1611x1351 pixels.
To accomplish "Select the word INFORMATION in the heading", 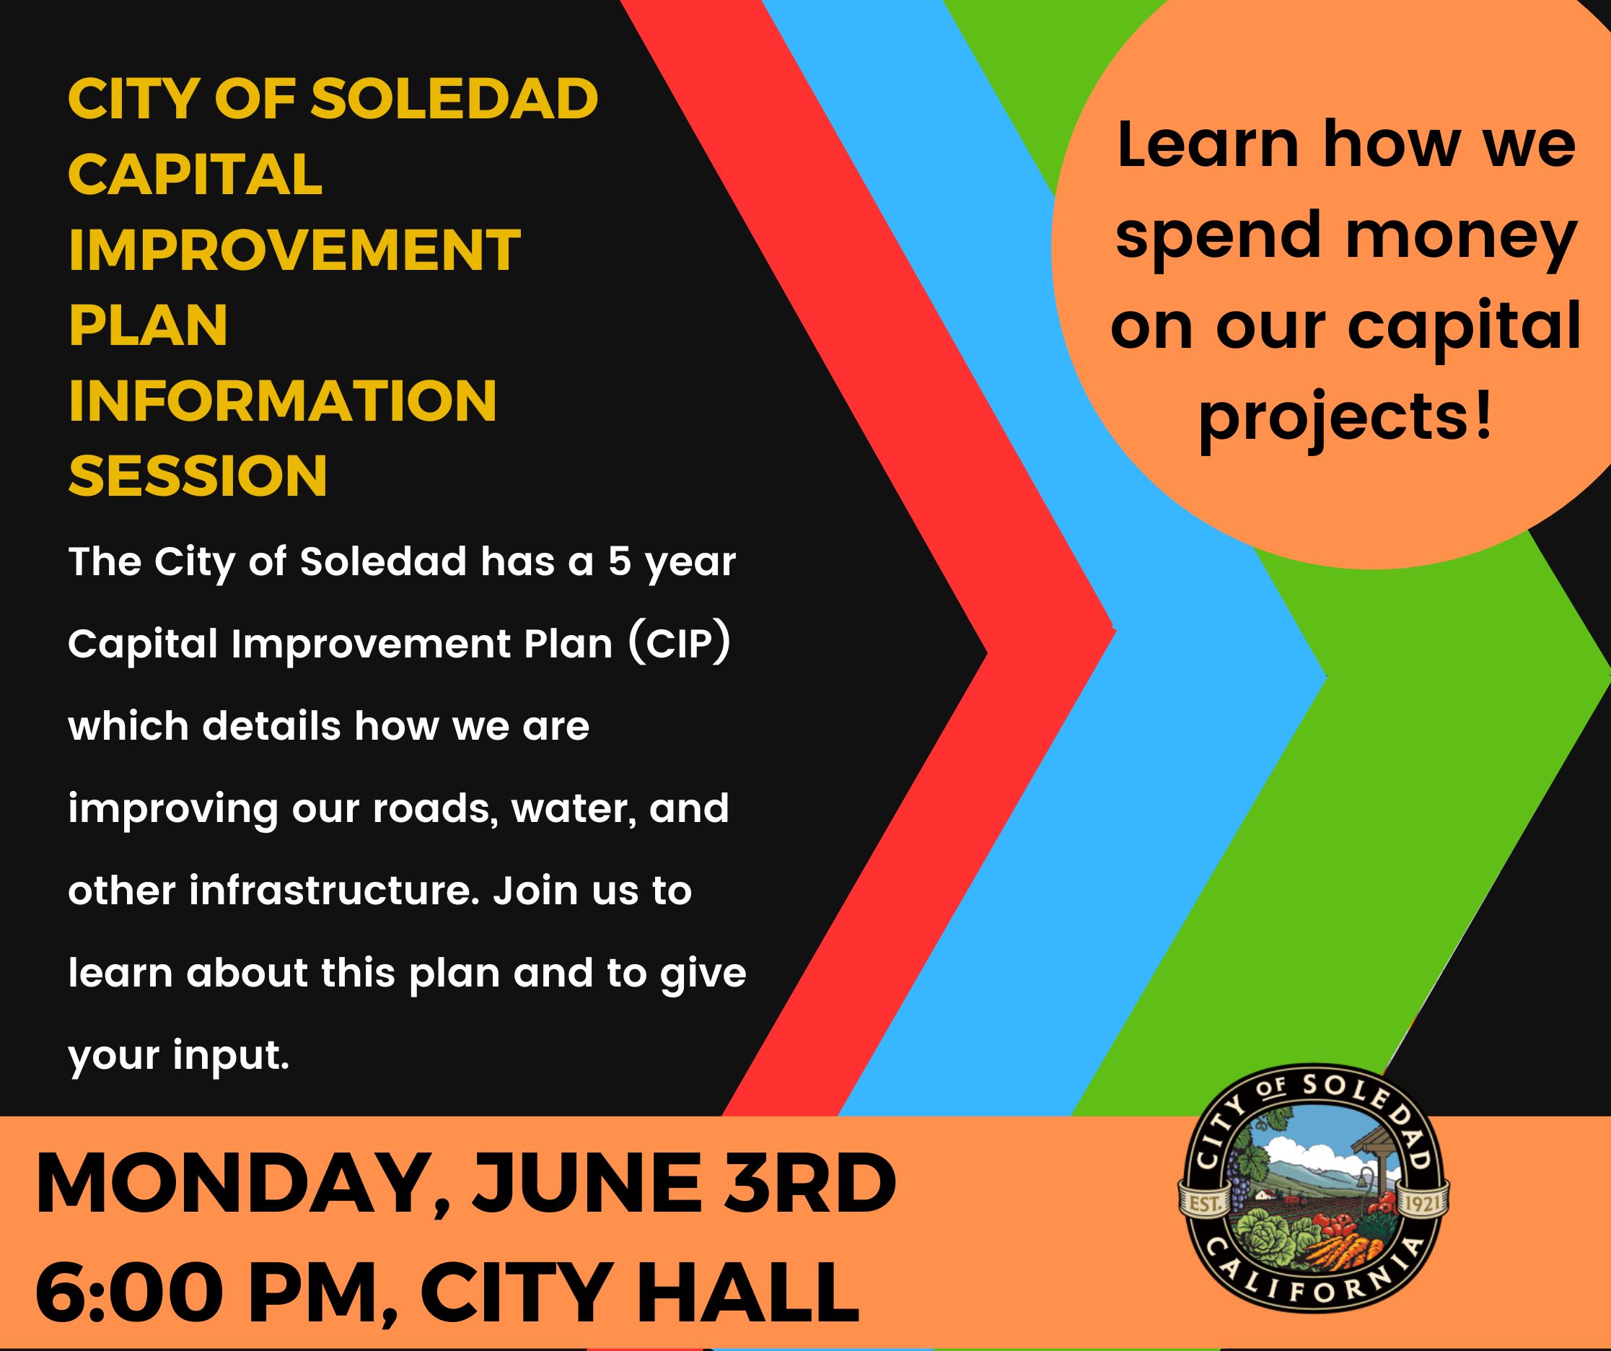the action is pos(282,400).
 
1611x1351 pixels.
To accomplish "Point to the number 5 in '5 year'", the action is pos(619,561).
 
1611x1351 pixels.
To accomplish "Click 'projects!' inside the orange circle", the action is pos(1346,419).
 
